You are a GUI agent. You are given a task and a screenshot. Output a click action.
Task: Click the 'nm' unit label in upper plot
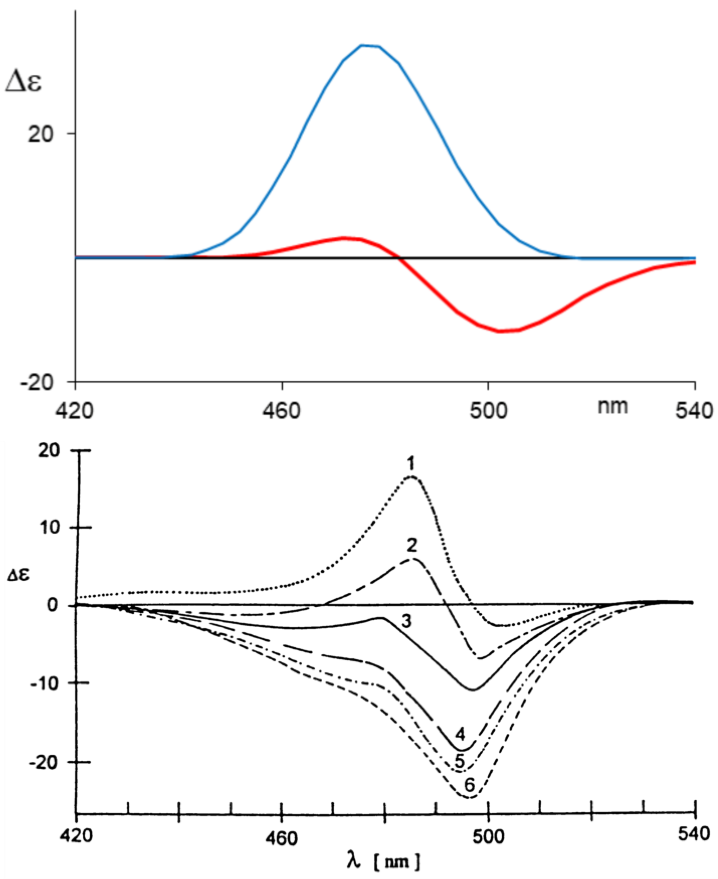click(x=613, y=407)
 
